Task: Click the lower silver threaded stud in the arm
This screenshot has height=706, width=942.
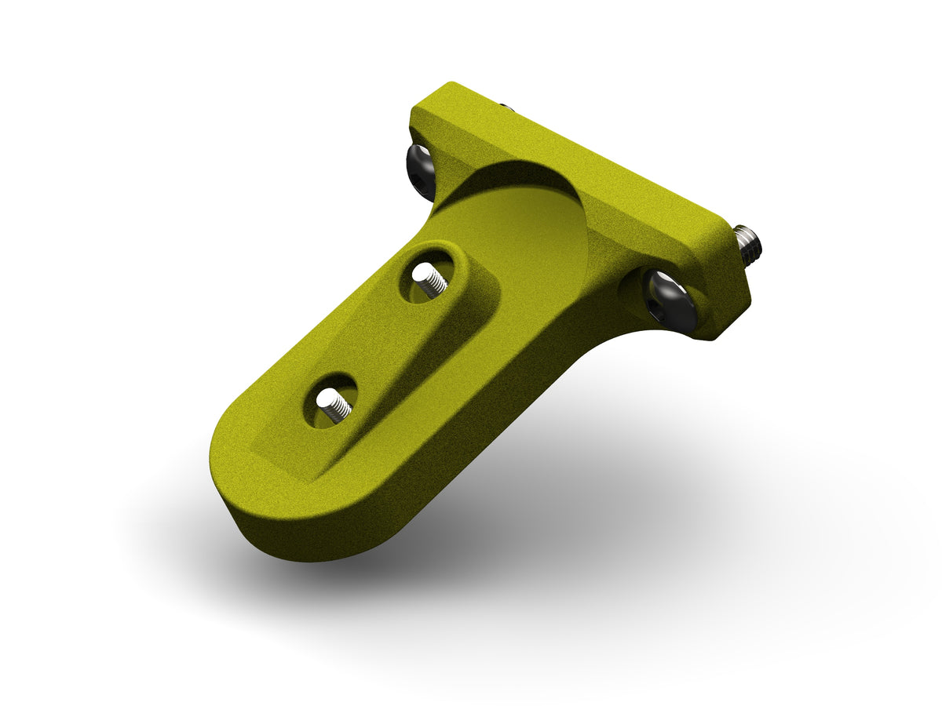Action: [334, 407]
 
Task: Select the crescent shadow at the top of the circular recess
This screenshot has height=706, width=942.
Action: [518, 176]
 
